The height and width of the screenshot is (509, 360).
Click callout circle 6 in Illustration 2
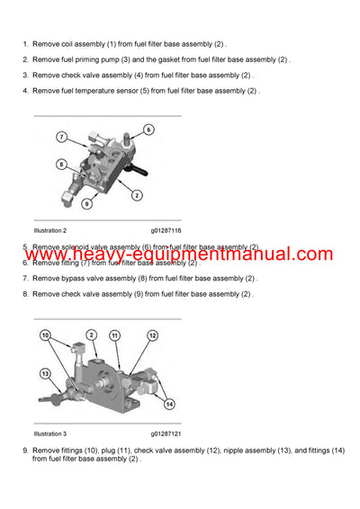[x=148, y=129]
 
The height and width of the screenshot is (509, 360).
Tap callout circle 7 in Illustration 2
[x=62, y=137]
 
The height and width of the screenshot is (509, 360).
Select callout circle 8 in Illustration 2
[x=60, y=165]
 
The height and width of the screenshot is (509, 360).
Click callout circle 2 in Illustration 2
[x=136, y=194]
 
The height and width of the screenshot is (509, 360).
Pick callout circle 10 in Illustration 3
[x=45, y=335]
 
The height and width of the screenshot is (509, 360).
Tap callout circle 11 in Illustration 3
[x=115, y=335]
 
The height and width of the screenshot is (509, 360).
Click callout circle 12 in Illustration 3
[x=152, y=335]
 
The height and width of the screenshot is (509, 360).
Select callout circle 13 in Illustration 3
[x=44, y=373]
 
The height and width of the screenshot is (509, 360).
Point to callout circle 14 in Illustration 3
[x=169, y=404]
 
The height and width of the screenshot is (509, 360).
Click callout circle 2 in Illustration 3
[x=91, y=335]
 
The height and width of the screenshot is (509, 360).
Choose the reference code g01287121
[x=166, y=433]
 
